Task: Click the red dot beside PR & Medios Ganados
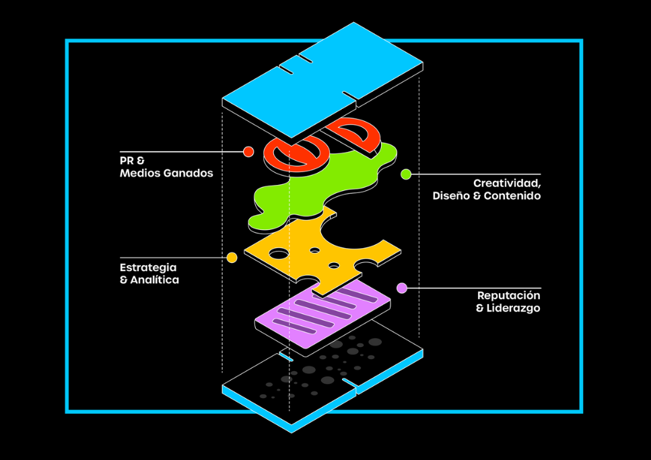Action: [x=248, y=151]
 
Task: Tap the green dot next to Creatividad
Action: [x=406, y=174]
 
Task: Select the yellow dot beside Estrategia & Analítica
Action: [x=232, y=258]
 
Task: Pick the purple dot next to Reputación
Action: [x=402, y=288]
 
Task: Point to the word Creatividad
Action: [x=507, y=183]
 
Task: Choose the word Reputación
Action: [x=509, y=295]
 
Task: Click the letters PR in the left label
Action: [x=126, y=161]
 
